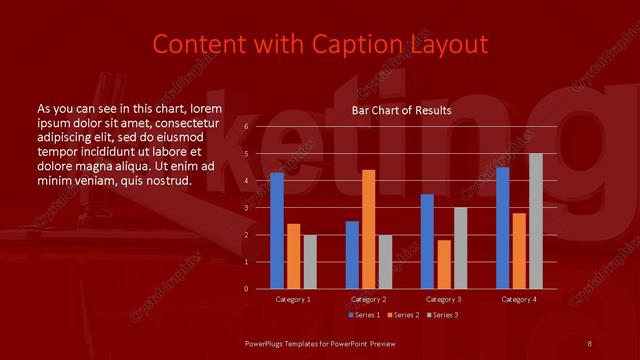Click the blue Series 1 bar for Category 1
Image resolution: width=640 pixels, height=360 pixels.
coord(277,231)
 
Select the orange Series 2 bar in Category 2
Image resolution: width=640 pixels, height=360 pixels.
coord(368,229)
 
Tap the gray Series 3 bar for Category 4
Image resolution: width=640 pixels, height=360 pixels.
coord(535,221)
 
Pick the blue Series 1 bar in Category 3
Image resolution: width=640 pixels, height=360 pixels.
coord(427,242)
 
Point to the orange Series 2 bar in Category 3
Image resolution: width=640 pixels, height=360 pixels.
coord(443,264)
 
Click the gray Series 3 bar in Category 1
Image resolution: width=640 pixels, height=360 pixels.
coord(309,262)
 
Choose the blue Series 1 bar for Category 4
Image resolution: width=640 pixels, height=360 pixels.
coord(502,228)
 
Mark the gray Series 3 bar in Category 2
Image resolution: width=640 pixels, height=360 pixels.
coord(385,262)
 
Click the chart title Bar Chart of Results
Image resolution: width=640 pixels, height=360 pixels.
coord(401,110)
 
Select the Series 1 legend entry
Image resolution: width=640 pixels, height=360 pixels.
coord(365,315)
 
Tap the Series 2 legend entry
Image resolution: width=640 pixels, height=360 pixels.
coord(402,315)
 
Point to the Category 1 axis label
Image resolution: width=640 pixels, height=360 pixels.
coord(293,299)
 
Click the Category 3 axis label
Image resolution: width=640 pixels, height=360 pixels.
coord(443,299)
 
